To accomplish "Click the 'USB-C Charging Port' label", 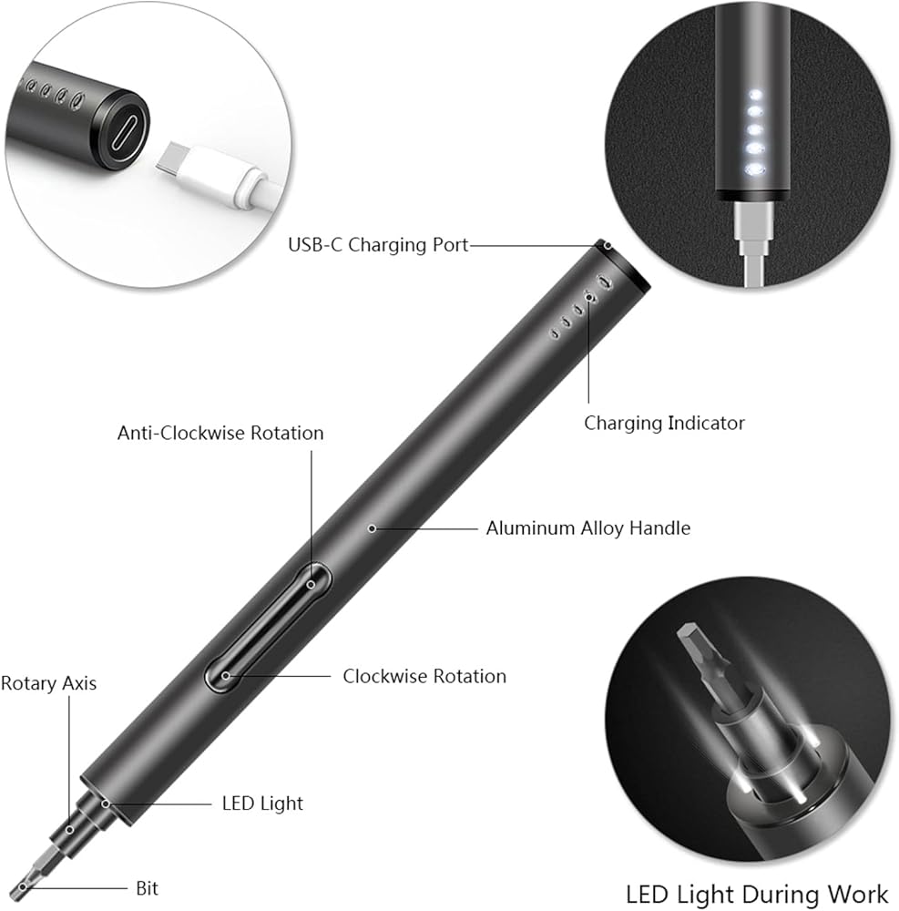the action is point(378,245).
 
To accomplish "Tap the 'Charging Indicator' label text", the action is point(664,423).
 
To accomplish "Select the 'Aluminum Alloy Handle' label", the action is point(587,527).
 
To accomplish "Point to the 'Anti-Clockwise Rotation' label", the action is point(220,433).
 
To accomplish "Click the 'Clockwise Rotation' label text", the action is point(424,676).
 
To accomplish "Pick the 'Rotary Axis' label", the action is point(48,682).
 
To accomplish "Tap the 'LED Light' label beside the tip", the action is point(262,803).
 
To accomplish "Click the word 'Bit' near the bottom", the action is point(146,886).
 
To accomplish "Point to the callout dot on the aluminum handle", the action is point(372,527).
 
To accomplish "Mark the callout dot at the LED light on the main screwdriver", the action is point(107,803).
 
